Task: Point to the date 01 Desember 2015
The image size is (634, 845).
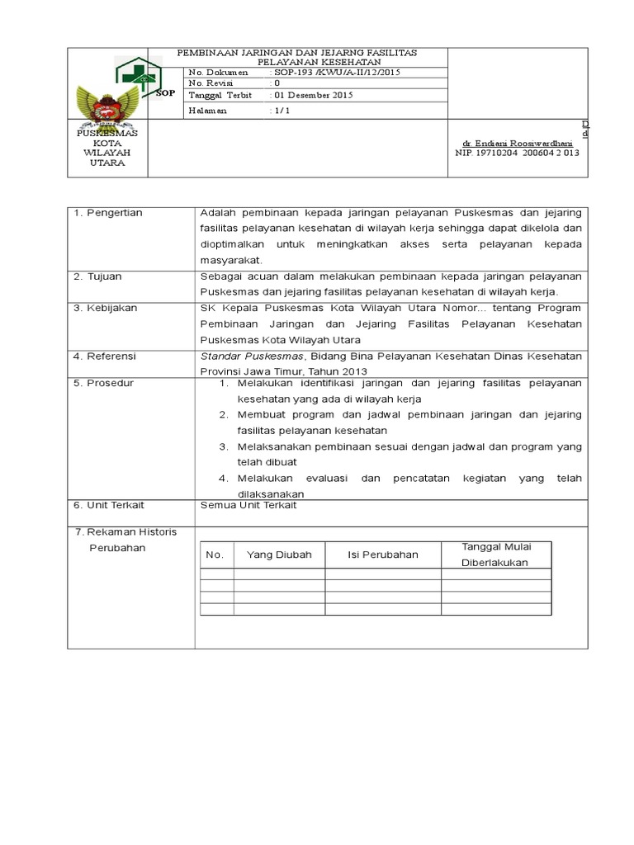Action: click(314, 96)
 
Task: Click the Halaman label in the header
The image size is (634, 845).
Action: click(207, 111)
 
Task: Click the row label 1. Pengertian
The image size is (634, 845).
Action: click(108, 213)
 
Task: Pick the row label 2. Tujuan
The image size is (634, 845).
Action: click(99, 276)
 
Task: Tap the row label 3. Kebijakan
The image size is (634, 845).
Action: click(105, 308)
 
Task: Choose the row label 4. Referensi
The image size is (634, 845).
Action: click(105, 356)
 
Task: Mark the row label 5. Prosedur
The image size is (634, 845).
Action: click(103, 383)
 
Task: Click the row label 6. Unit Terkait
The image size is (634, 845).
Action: click(108, 504)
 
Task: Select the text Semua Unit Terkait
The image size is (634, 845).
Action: click(248, 504)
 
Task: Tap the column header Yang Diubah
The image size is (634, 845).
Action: click(279, 555)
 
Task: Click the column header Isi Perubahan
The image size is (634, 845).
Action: click(383, 555)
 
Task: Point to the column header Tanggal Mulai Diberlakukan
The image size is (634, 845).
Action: click(495, 555)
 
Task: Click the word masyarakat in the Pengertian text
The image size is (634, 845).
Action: click(230, 260)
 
